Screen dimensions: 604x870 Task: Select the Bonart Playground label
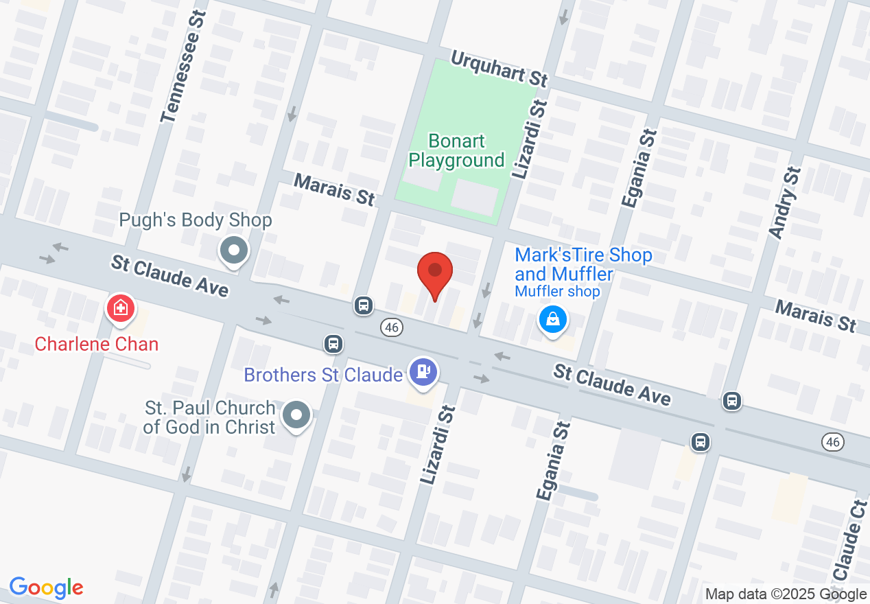[456, 151]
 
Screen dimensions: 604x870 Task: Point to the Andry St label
[786, 202]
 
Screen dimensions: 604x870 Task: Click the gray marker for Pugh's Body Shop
[234, 251]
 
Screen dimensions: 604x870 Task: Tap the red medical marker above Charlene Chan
[119, 307]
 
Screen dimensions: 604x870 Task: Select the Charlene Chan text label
[97, 344]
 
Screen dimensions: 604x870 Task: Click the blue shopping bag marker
[552, 318]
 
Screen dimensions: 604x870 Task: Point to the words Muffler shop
[557, 292]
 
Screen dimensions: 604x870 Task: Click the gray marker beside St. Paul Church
[297, 415]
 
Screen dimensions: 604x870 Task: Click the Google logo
[46, 588]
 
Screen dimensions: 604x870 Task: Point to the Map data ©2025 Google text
[786, 594]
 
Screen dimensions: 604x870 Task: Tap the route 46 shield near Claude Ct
[833, 443]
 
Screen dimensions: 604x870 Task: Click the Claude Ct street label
[849, 546]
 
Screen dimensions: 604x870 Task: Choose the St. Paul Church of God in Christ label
[209, 417]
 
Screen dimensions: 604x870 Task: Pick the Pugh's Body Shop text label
[196, 220]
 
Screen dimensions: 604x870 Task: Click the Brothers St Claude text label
[323, 375]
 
